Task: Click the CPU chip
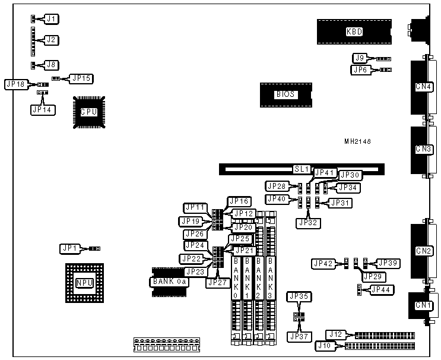(88, 111)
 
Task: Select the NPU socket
(84, 283)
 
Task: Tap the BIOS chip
(285, 94)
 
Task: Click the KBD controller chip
(354, 32)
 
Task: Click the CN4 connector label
(424, 87)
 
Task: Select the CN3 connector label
(424, 149)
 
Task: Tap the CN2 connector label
(424, 251)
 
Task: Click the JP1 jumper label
(69, 248)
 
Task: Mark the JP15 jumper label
(80, 78)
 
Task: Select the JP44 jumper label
(379, 289)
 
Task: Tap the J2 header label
(51, 40)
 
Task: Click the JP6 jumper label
(360, 70)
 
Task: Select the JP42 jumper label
(323, 263)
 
